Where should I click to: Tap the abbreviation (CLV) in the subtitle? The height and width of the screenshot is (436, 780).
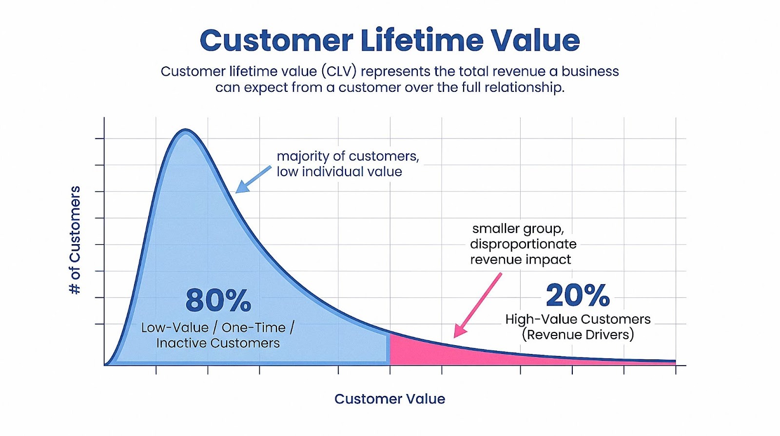[x=338, y=71]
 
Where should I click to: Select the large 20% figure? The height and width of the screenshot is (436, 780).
[x=578, y=295]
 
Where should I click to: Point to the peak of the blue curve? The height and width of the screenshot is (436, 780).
[x=186, y=131]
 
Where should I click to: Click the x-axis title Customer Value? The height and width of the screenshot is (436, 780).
[x=390, y=399]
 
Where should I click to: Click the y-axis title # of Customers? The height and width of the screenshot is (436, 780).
[x=75, y=240]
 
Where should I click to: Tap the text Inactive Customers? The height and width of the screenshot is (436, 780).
[x=218, y=343]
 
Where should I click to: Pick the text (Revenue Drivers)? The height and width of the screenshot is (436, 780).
[x=578, y=335]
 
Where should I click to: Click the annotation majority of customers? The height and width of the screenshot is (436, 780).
[x=348, y=156]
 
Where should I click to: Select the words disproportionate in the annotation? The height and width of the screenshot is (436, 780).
[x=523, y=244]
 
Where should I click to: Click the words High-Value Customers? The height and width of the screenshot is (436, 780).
[x=578, y=319]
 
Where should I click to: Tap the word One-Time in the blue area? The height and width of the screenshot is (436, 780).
[x=253, y=328]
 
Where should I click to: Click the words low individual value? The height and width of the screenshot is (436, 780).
[x=339, y=172]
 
